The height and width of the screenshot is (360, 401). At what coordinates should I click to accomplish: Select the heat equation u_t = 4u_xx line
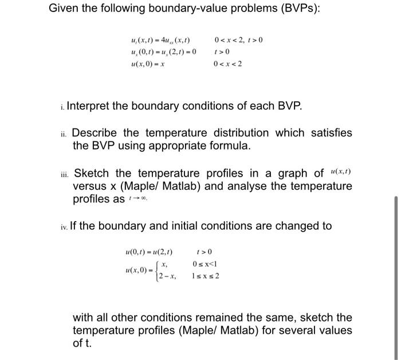160,40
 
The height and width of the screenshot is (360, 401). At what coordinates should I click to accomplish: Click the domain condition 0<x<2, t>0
238,40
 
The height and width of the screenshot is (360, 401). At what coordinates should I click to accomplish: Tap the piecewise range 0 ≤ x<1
206,264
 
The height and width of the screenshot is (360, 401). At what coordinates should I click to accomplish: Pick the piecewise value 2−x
167,276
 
